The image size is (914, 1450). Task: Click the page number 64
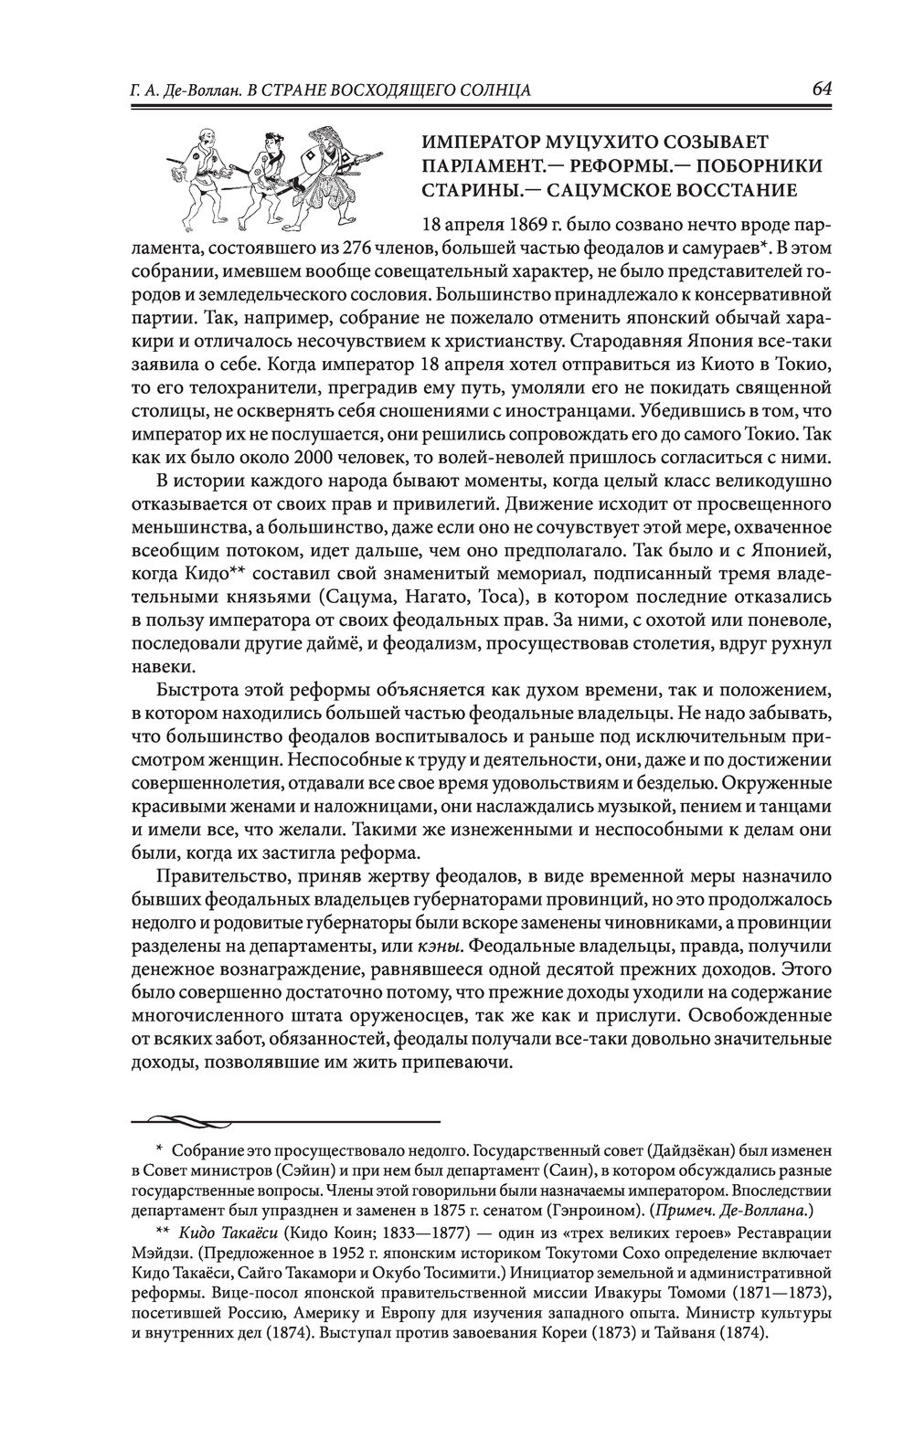pos(820,89)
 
